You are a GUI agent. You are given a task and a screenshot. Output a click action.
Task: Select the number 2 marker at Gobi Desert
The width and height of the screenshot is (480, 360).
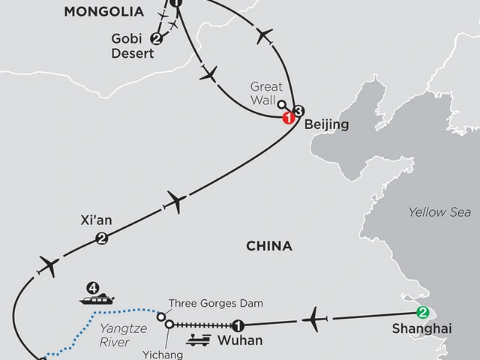(x=157, y=38)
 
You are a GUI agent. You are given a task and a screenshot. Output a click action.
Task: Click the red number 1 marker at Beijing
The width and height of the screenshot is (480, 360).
(x=286, y=118)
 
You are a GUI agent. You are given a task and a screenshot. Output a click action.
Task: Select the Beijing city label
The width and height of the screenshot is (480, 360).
(x=326, y=124)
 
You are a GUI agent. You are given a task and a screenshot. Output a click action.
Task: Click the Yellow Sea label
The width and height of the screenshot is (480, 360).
(x=439, y=212)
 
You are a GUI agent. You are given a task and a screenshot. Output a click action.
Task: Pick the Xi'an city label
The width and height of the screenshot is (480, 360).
(x=96, y=221)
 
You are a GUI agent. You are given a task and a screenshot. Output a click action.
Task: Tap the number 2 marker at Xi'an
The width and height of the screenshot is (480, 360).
(x=100, y=239)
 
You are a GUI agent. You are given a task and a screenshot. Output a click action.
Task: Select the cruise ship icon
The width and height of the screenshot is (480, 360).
(x=97, y=300)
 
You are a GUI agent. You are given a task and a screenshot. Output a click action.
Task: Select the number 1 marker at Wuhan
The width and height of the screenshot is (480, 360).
(x=238, y=325)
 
